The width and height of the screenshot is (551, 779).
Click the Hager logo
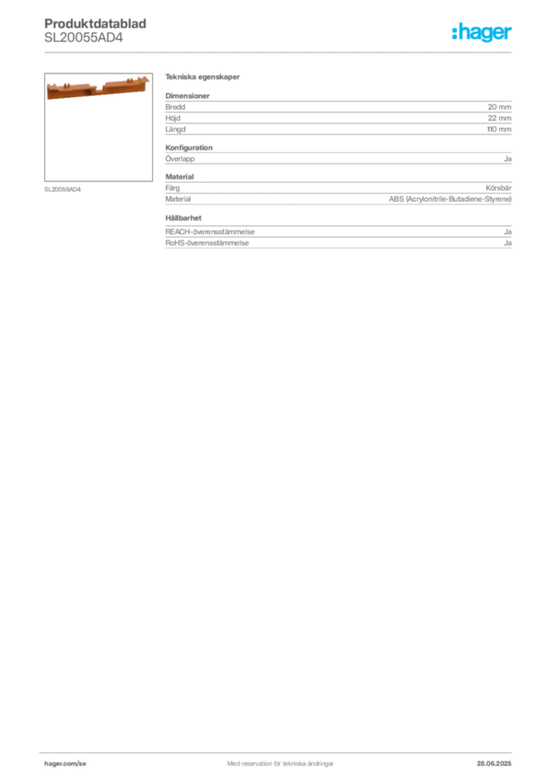click(x=482, y=32)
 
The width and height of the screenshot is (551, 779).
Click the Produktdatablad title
click(x=95, y=24)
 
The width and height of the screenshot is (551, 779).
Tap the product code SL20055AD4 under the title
click(x=84, y=38)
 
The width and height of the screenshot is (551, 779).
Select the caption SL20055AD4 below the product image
click(x=62, y=189)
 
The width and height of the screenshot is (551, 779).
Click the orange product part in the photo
click(x=98, y=87)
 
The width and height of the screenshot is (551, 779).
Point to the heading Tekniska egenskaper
click(x=202, y=77)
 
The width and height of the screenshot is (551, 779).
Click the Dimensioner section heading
click(x=187, y=96)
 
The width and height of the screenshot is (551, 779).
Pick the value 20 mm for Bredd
click(x=499, y=107)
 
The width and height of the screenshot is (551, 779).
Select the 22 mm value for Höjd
click(x=499, y=118)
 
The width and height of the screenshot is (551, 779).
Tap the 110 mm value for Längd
click(x=498, y=129)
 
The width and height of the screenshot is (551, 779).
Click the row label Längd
click(x=175, y=129)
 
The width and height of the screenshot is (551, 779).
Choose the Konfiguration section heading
click(x=189, y=148)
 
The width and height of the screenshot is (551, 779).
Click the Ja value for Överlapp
click(x=508, y=159)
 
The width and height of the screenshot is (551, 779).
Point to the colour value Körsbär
click(x=498, y=188)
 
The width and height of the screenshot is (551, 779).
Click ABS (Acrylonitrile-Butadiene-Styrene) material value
click(x=450, y=199)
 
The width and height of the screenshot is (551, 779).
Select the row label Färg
click(x=173, y=188)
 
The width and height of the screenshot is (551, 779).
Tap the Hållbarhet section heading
click(x=183, y=218)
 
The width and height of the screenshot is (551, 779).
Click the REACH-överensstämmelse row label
click(x=209, y=232)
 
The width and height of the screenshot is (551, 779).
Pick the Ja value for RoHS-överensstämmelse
click(x=508, y=243)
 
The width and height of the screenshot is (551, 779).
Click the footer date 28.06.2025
click(x=494, y=764)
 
